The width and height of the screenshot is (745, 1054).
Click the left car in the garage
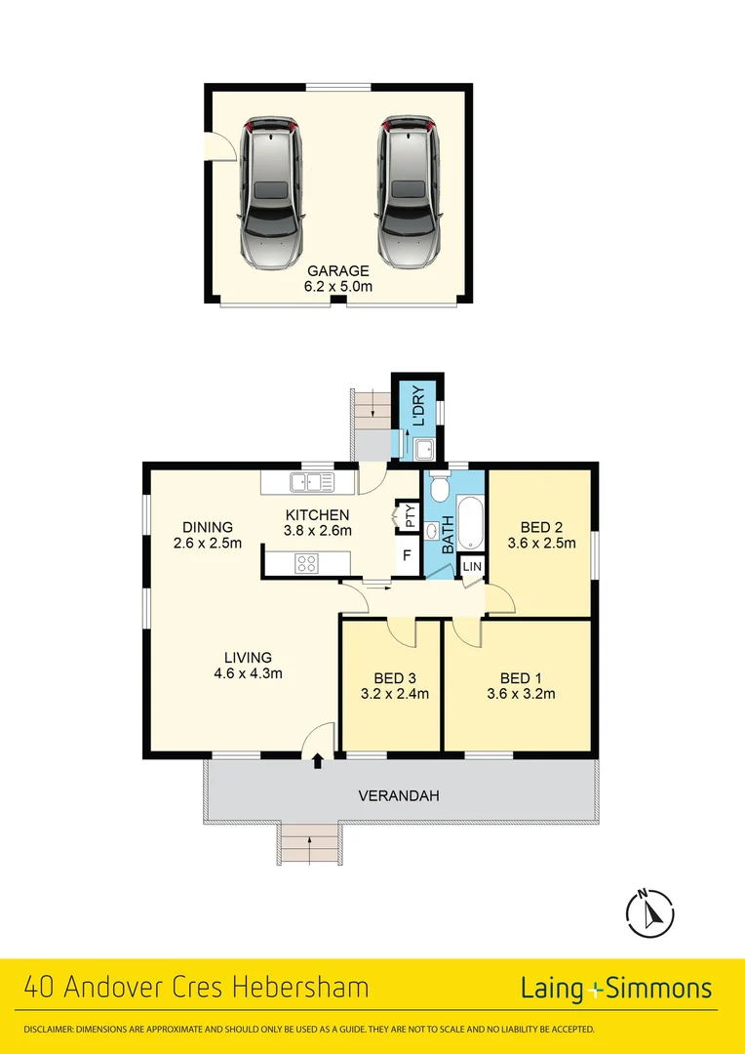pyautogui.click(x=271, y=192)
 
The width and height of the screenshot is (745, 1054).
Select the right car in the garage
pyautogui.click(x=408, y=192)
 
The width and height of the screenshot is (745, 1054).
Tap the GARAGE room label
pyautogui.click(x=338, y=271)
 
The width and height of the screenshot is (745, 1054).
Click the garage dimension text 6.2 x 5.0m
pyautogui.click(x=338, y=287)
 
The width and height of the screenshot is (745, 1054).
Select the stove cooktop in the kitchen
pyautogui.click(x=307, y=561)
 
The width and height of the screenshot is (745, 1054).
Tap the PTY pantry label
pyautogui.click(x=410, y=515)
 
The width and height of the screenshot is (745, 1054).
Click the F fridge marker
pyautogui.click(x=408, y=556)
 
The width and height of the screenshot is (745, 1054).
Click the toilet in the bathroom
pyautogui.click(x=440, y=485)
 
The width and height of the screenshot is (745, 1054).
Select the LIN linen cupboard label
pyautogui.click(x=472, y=567)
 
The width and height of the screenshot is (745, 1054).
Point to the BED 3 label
pyautogui.click(x=395, y=678)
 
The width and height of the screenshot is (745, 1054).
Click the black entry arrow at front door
pyautogui.click(x=318, y=761)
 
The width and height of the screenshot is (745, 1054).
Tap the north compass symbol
pyautogui.click(x=650, y=912)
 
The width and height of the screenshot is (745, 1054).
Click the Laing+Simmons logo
pyautogui.click(x=615, y=989)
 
